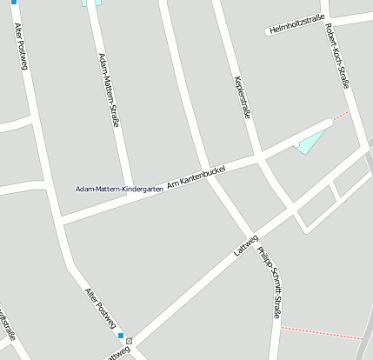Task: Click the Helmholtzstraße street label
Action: [297, 23]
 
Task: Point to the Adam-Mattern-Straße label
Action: [109, 90]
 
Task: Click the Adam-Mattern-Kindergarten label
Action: [119, 189]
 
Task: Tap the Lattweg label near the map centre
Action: [246, 245]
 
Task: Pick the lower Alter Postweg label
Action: [100, 309]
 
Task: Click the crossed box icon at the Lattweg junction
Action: [130, 340]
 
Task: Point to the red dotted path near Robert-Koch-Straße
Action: [340, 115]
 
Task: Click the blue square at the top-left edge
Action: [13, 2]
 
